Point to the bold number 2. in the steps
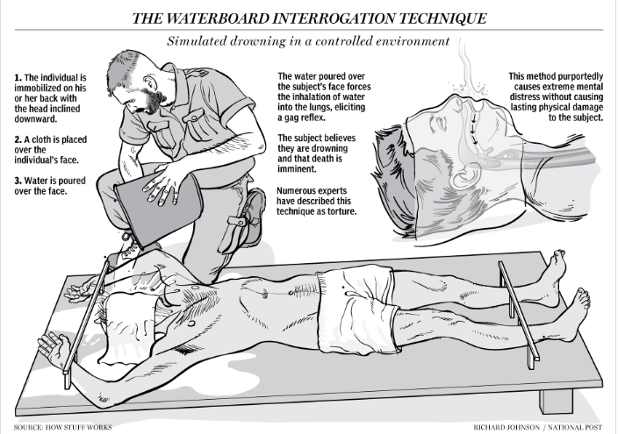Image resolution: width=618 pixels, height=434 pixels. (x=18, y=140)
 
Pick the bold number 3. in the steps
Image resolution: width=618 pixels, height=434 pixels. (x=18, y=181)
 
